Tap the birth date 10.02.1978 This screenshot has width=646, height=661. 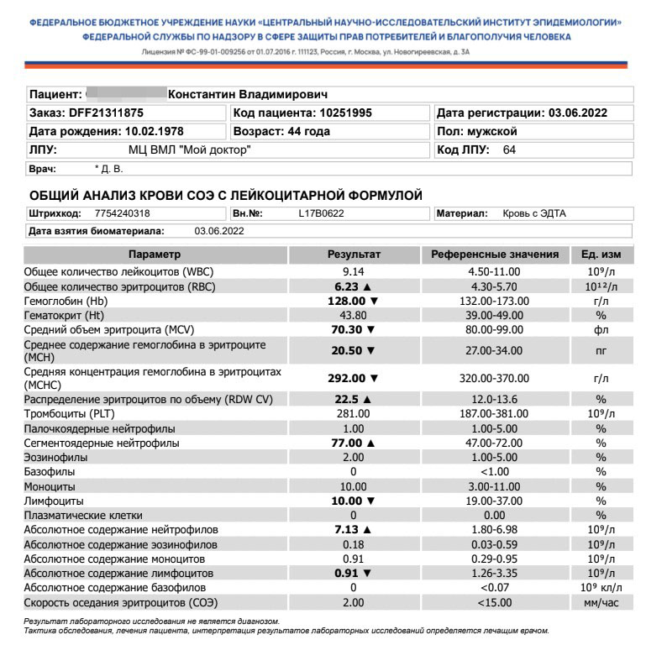(x=154, y=132)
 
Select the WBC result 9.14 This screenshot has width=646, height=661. (x=353, y=272)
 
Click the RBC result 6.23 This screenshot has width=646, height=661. (x=348, y=286)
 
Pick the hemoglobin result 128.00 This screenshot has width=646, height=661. (x=348, y=300)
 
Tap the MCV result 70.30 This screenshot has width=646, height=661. (x=348, y=330)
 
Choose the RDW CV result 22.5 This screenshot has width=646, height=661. (x=348, y=399)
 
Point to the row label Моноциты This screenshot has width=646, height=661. (x=50, y=486)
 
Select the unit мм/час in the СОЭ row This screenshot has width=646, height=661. (x=601, y=603)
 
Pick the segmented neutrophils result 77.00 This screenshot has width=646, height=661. (x=348, y=443)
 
